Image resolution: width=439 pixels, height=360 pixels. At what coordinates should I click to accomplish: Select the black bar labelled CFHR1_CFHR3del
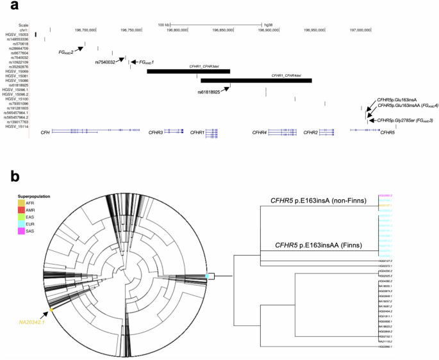(188, 70)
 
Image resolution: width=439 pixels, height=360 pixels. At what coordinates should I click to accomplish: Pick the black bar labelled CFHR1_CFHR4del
(256, 80)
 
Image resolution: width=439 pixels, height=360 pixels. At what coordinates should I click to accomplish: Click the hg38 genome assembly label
(268, 23)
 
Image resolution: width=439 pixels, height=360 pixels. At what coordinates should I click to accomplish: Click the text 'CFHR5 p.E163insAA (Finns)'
(318, 245)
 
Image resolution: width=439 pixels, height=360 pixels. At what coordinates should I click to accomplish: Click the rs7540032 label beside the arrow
(105, 62)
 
